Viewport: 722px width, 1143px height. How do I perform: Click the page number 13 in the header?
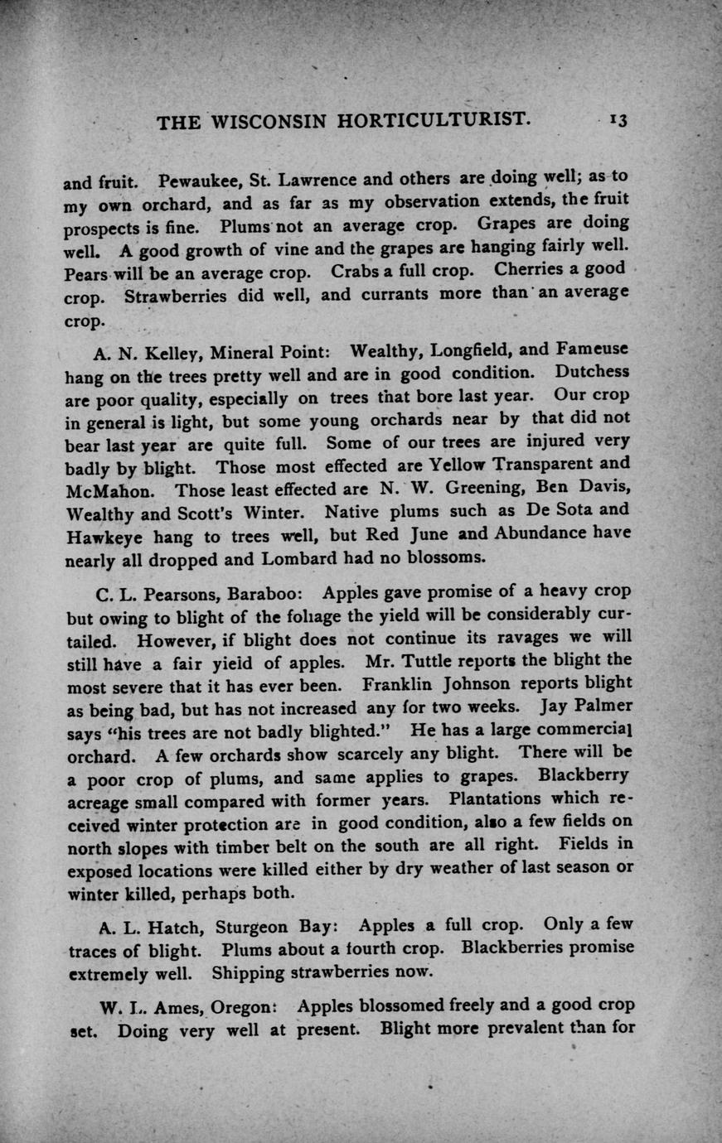[x=618, y=119]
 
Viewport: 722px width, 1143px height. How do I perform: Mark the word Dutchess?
[x=593, y=371]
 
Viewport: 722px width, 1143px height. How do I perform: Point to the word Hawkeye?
[x=99, y=537]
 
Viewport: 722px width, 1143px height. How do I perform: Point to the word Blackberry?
[x=583, y=776]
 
